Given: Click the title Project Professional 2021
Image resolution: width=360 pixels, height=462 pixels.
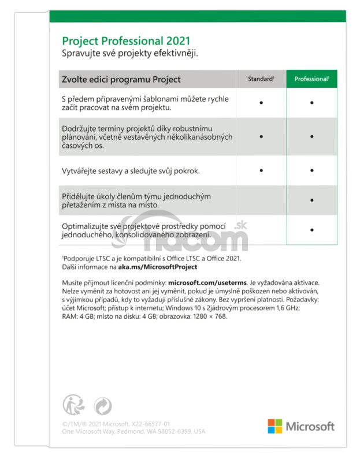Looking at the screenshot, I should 126,42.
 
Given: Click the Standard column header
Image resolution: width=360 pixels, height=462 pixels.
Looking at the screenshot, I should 261,79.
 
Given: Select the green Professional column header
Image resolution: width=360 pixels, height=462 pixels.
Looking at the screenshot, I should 311,79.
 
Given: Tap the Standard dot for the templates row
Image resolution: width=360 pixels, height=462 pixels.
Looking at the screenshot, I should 261,102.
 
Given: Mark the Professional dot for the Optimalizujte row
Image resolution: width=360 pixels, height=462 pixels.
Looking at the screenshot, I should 311,230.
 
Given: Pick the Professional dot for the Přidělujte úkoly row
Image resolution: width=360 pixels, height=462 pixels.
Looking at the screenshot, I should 311,200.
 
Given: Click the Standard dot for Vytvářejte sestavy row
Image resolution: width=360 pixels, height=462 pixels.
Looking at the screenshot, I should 261,170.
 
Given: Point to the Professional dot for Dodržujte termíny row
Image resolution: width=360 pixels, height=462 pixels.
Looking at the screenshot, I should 311,137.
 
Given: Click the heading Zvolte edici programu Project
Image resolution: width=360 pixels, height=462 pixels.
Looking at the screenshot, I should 121,79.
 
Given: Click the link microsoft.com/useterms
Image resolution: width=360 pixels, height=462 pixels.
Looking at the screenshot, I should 207,282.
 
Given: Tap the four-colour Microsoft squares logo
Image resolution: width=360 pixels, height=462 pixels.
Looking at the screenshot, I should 274,426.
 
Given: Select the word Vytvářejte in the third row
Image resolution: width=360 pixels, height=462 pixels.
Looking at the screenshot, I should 81,171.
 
